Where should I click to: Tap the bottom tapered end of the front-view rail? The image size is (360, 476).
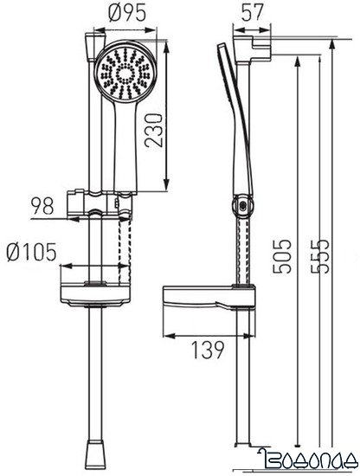(x=98, y=450)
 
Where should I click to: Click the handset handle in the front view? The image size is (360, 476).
(x=122, y=147)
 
